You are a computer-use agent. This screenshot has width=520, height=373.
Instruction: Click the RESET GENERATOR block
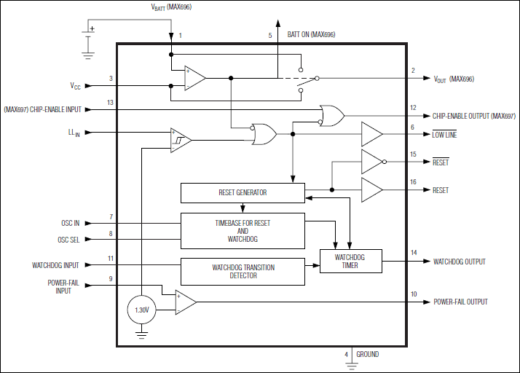[x=243, y=193]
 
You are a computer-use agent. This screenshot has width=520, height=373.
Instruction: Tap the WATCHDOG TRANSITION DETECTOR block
[x=243, y=272]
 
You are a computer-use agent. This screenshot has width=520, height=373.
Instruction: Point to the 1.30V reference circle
[x=142, y=310]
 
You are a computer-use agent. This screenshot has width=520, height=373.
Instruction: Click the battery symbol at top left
[x=88, y=35]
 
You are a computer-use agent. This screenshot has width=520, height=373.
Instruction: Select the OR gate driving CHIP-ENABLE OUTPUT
[x=332, y=115]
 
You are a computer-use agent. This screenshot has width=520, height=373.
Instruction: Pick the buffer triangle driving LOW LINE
[x=371, y=134]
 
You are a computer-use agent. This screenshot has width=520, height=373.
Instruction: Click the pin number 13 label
[x=110, y=103]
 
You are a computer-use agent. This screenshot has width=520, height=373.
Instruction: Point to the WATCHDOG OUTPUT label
[x=459, y=262]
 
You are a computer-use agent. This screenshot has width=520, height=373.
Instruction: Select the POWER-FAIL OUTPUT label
[x=460, y=302]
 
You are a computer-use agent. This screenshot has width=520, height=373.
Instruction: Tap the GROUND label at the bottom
[x=367, y=355]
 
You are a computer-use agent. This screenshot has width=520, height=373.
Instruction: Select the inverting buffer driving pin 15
[x=372, y=162]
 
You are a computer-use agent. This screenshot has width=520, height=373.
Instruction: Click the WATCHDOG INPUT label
[x=55, y=265]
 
